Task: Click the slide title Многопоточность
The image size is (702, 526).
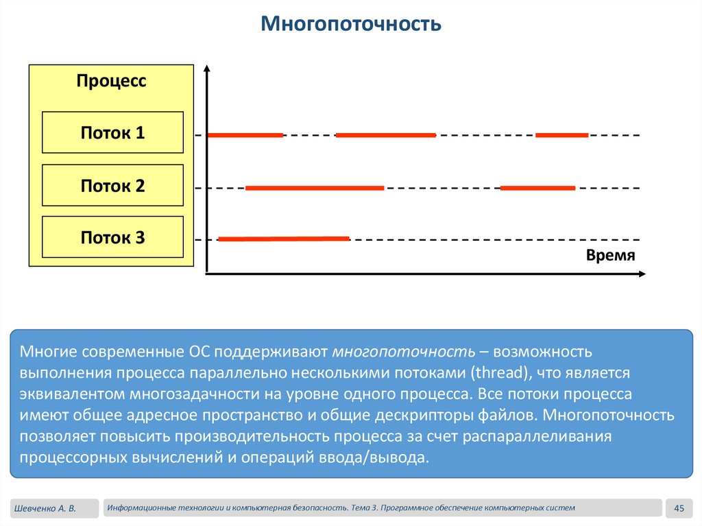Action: [x=350, y=25]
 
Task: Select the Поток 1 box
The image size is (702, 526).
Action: [x=112, y=132]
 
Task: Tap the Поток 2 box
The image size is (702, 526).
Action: [x=112, y=185]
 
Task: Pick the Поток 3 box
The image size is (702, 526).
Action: [x=112, y=238]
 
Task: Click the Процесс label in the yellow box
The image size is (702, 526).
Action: [x=111, y=81]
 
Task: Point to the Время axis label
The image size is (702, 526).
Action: [x=611, y=255]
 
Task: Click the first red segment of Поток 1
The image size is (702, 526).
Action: [x=245, y=135]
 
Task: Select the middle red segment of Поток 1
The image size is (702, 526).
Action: [x=385, y=135]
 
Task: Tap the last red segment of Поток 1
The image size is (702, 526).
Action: [x=561, y=135]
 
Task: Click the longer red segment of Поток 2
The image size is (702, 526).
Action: [x=315, y=187]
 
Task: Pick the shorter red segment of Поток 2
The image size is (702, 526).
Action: [x=538, y=187]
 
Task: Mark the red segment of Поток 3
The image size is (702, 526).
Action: [x=284, y=239]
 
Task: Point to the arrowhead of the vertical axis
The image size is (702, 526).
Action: [x=206, y=69]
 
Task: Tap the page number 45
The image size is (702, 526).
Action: [x=680, y=508]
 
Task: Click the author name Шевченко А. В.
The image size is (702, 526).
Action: [x=43, y=508]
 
